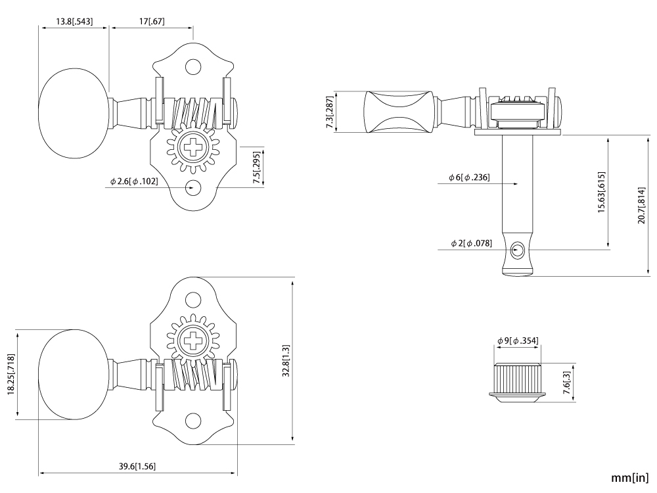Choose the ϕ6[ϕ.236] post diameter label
pos(469,177)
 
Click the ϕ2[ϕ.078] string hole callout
pos(472,243)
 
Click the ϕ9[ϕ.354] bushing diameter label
pos(518,340)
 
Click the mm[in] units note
pos(630,478)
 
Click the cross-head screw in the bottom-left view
pos(194,341)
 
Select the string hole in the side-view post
pos(518,250)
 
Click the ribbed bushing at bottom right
pos(518,380)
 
